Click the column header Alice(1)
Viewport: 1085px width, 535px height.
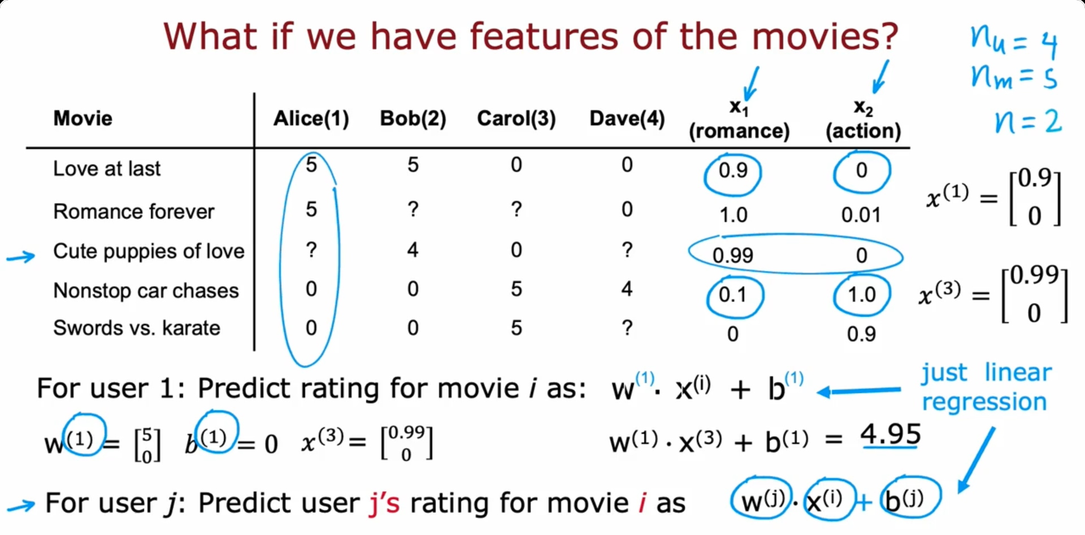(x=311, y=119)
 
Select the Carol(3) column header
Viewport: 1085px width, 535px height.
(x=516, y=119)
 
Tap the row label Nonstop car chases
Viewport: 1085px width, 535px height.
(x=146, y=290)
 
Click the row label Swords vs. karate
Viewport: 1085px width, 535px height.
(x=137, y=328)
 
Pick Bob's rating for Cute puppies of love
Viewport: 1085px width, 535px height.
(x=413, y=250)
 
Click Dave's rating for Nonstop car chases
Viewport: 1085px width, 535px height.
(x=627, y=289)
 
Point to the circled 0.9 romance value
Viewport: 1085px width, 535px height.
(x=733, y=171)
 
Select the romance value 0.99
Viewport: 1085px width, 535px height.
(x=733, y=255)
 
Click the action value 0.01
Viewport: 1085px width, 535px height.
(x=861, y=215)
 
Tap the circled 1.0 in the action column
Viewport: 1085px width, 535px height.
(x=862, y=294)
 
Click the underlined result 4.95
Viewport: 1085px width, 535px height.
(x=890, y=435)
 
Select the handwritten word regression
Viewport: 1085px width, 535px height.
(x=984, y=402)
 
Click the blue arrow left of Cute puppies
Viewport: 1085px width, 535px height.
(x=20, y=258)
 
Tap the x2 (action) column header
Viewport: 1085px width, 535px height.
(x=863, y=119)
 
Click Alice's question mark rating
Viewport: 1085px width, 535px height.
(x=311, y=250)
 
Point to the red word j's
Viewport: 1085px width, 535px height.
(x=384, y=503)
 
